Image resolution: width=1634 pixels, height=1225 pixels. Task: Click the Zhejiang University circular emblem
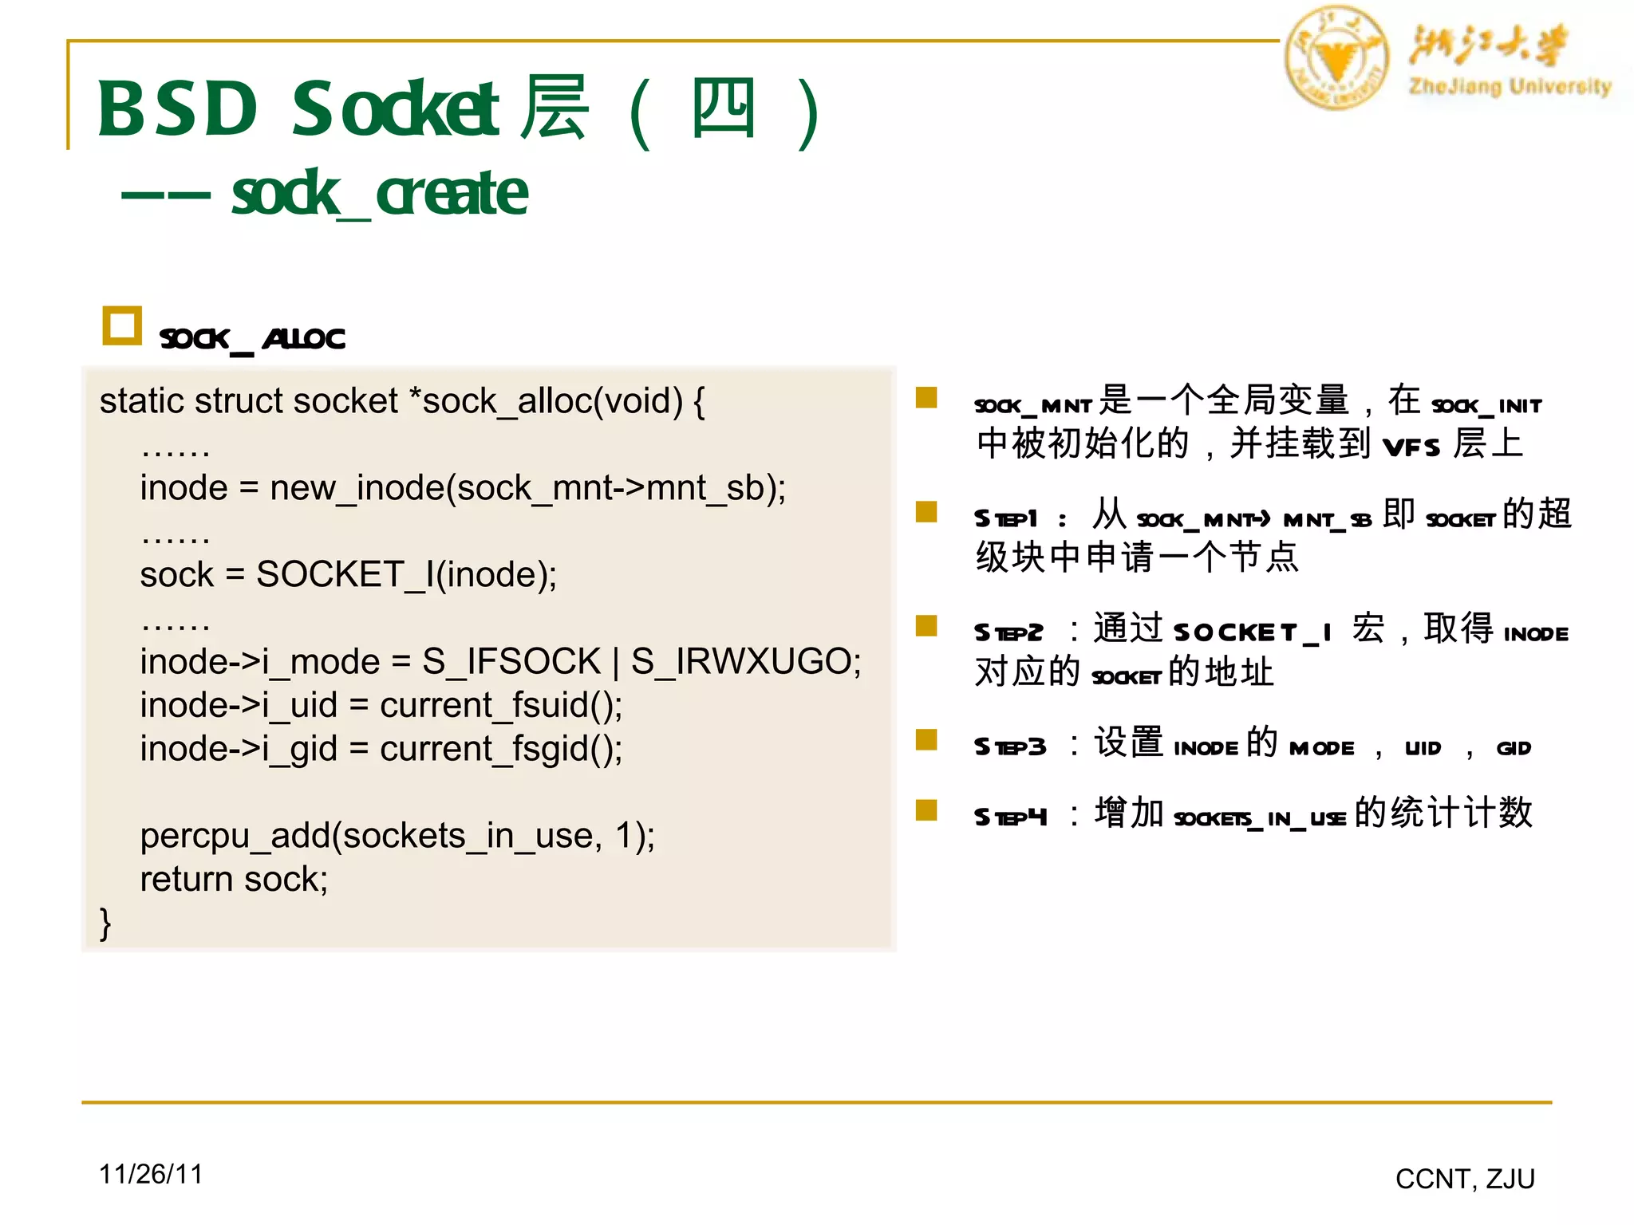[1336, 57]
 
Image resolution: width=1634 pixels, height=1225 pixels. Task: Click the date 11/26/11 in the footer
[151, 1174]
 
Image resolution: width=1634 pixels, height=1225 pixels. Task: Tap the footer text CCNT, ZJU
[1465, 1179]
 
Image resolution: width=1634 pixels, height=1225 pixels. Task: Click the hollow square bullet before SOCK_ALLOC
[122, 325]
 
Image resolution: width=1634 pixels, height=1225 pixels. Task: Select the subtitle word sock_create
[379, 194]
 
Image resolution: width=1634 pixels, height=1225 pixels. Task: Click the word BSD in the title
[177, 109]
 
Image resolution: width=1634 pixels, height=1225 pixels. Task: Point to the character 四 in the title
[723, 109]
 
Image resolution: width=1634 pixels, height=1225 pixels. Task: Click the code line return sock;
[234, 879]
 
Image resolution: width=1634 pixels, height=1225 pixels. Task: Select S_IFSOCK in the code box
[511, 661]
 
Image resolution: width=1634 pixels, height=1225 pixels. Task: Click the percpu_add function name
[234, 836]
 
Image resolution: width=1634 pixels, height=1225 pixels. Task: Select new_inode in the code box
[356, 487]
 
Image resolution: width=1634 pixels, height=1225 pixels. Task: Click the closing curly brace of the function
[105, 923]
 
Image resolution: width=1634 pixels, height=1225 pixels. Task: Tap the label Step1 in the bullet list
[1005, 518]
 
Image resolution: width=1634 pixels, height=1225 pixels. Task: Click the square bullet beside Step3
[926, 740]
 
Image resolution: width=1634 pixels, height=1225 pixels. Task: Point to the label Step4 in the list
[1009, 817]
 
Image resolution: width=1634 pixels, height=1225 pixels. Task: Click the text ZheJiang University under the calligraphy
[1510, 86]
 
